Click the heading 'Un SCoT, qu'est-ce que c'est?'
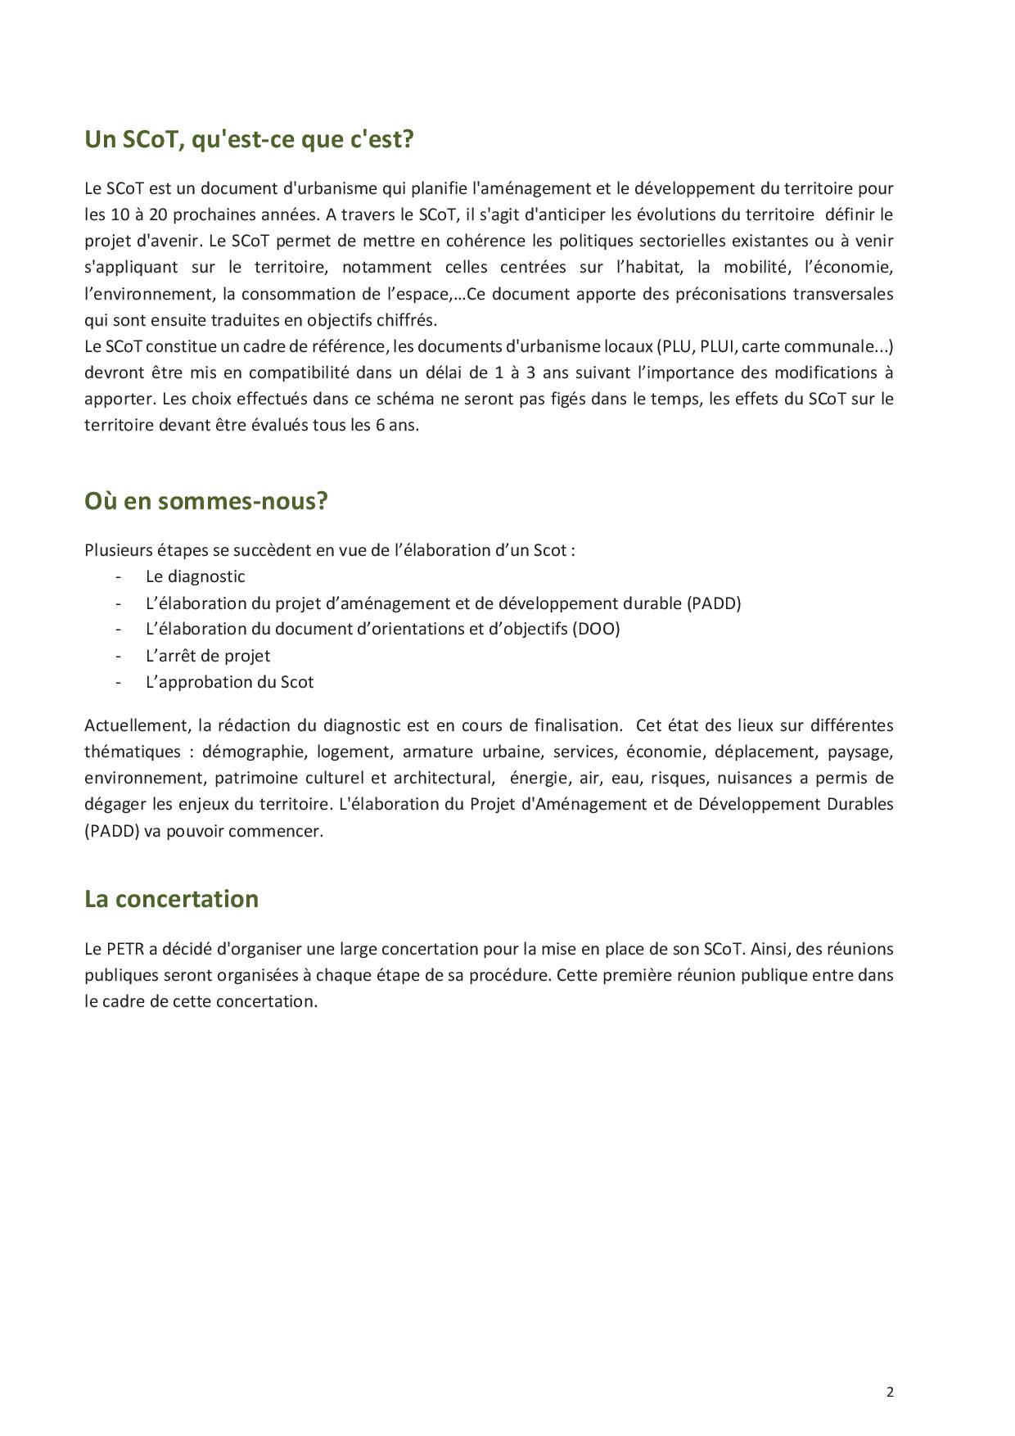249,140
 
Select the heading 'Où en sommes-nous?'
205,501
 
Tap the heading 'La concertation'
171,899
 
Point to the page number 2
890,1393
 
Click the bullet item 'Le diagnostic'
195,576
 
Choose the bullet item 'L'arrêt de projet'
207,656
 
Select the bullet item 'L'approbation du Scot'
229,682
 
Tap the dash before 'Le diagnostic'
119,576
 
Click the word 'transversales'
843,293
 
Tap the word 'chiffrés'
408,320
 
